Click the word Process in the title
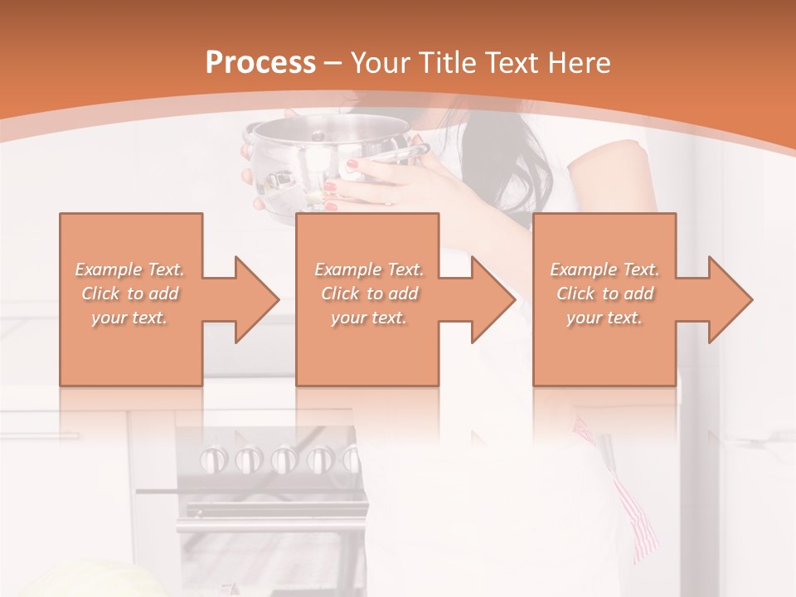coord(260,63)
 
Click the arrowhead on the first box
coord(253,299)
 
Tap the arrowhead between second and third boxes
coord(489,299)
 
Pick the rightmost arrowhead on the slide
coord(726,299)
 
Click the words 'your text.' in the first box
coord(129,318)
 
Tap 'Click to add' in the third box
coord(604,294)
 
